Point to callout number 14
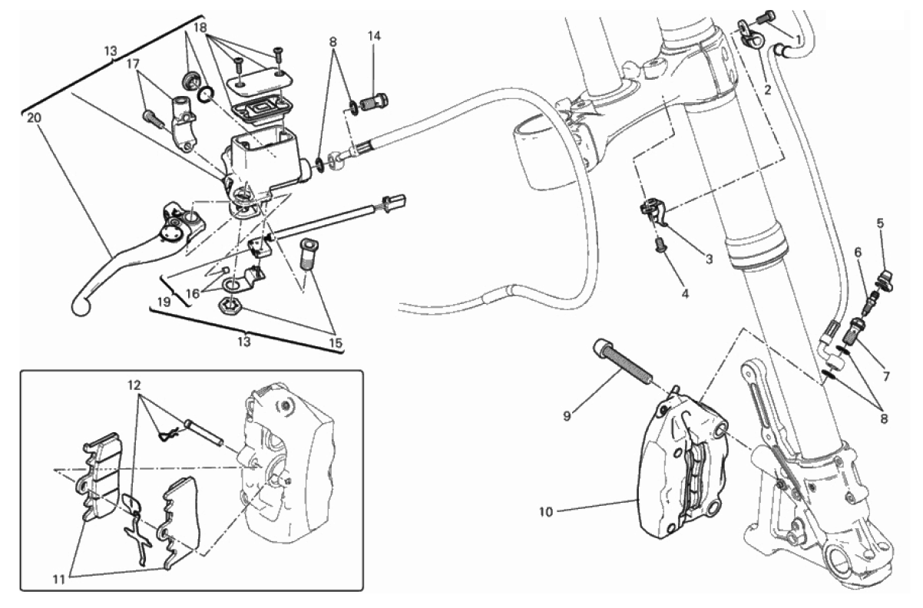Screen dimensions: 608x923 click(x=374, y=36)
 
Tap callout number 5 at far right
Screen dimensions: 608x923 click(x=880, y=223)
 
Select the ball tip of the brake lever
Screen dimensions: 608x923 click(x=81, y=307)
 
